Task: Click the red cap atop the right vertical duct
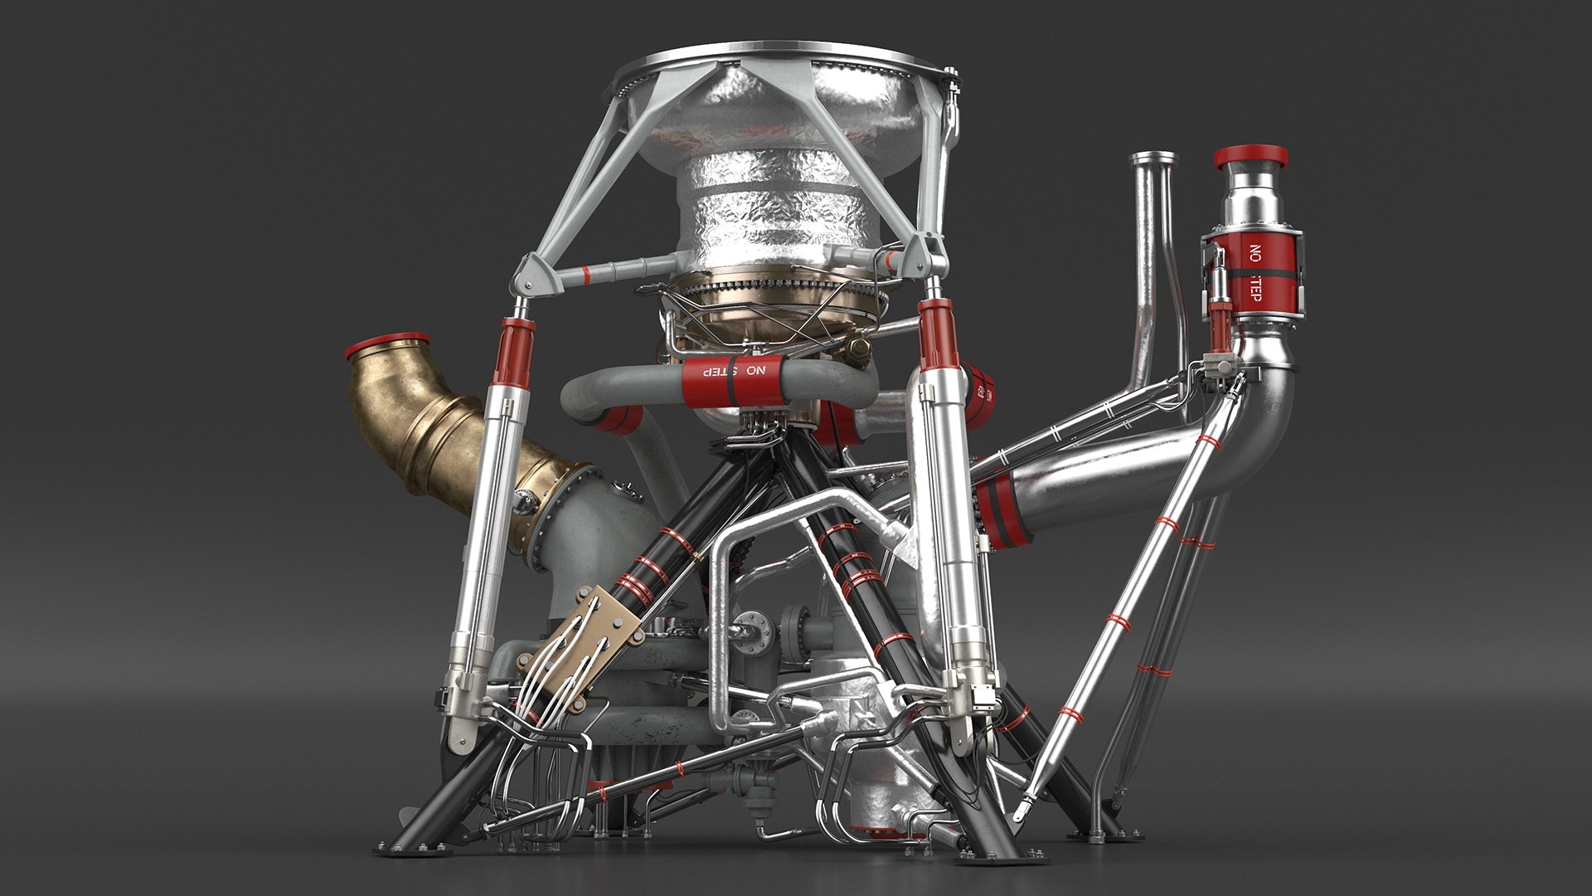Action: point(1251,156)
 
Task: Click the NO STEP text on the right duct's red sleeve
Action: point(1255,271)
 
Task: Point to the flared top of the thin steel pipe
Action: point(1152,158)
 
